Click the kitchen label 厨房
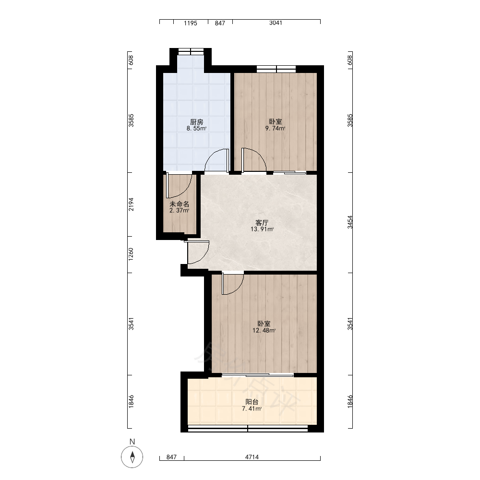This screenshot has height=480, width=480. point(196,122)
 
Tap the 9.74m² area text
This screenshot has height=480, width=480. point(275,129)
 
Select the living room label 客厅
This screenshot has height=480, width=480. point(262,223)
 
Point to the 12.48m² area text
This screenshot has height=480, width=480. point(264,330)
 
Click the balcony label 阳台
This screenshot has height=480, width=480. point(252,402)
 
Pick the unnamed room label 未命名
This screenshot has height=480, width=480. point(180,204)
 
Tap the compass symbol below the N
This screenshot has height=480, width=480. point(132,457)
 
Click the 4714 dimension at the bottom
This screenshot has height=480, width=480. point(252,457)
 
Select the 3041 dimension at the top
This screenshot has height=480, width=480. point(276,23)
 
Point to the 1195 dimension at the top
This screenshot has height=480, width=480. point(191,23)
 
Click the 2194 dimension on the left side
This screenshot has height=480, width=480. point(131,204)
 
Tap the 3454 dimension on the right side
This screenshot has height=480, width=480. point(350,222)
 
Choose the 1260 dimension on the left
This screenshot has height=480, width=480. point(131,254)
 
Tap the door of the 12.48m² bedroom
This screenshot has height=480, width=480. point(233,284)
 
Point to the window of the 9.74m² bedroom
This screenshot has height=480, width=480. point(276,69)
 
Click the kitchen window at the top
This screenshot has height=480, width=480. point(191,51)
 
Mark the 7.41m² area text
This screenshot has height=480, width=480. point(252,408)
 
